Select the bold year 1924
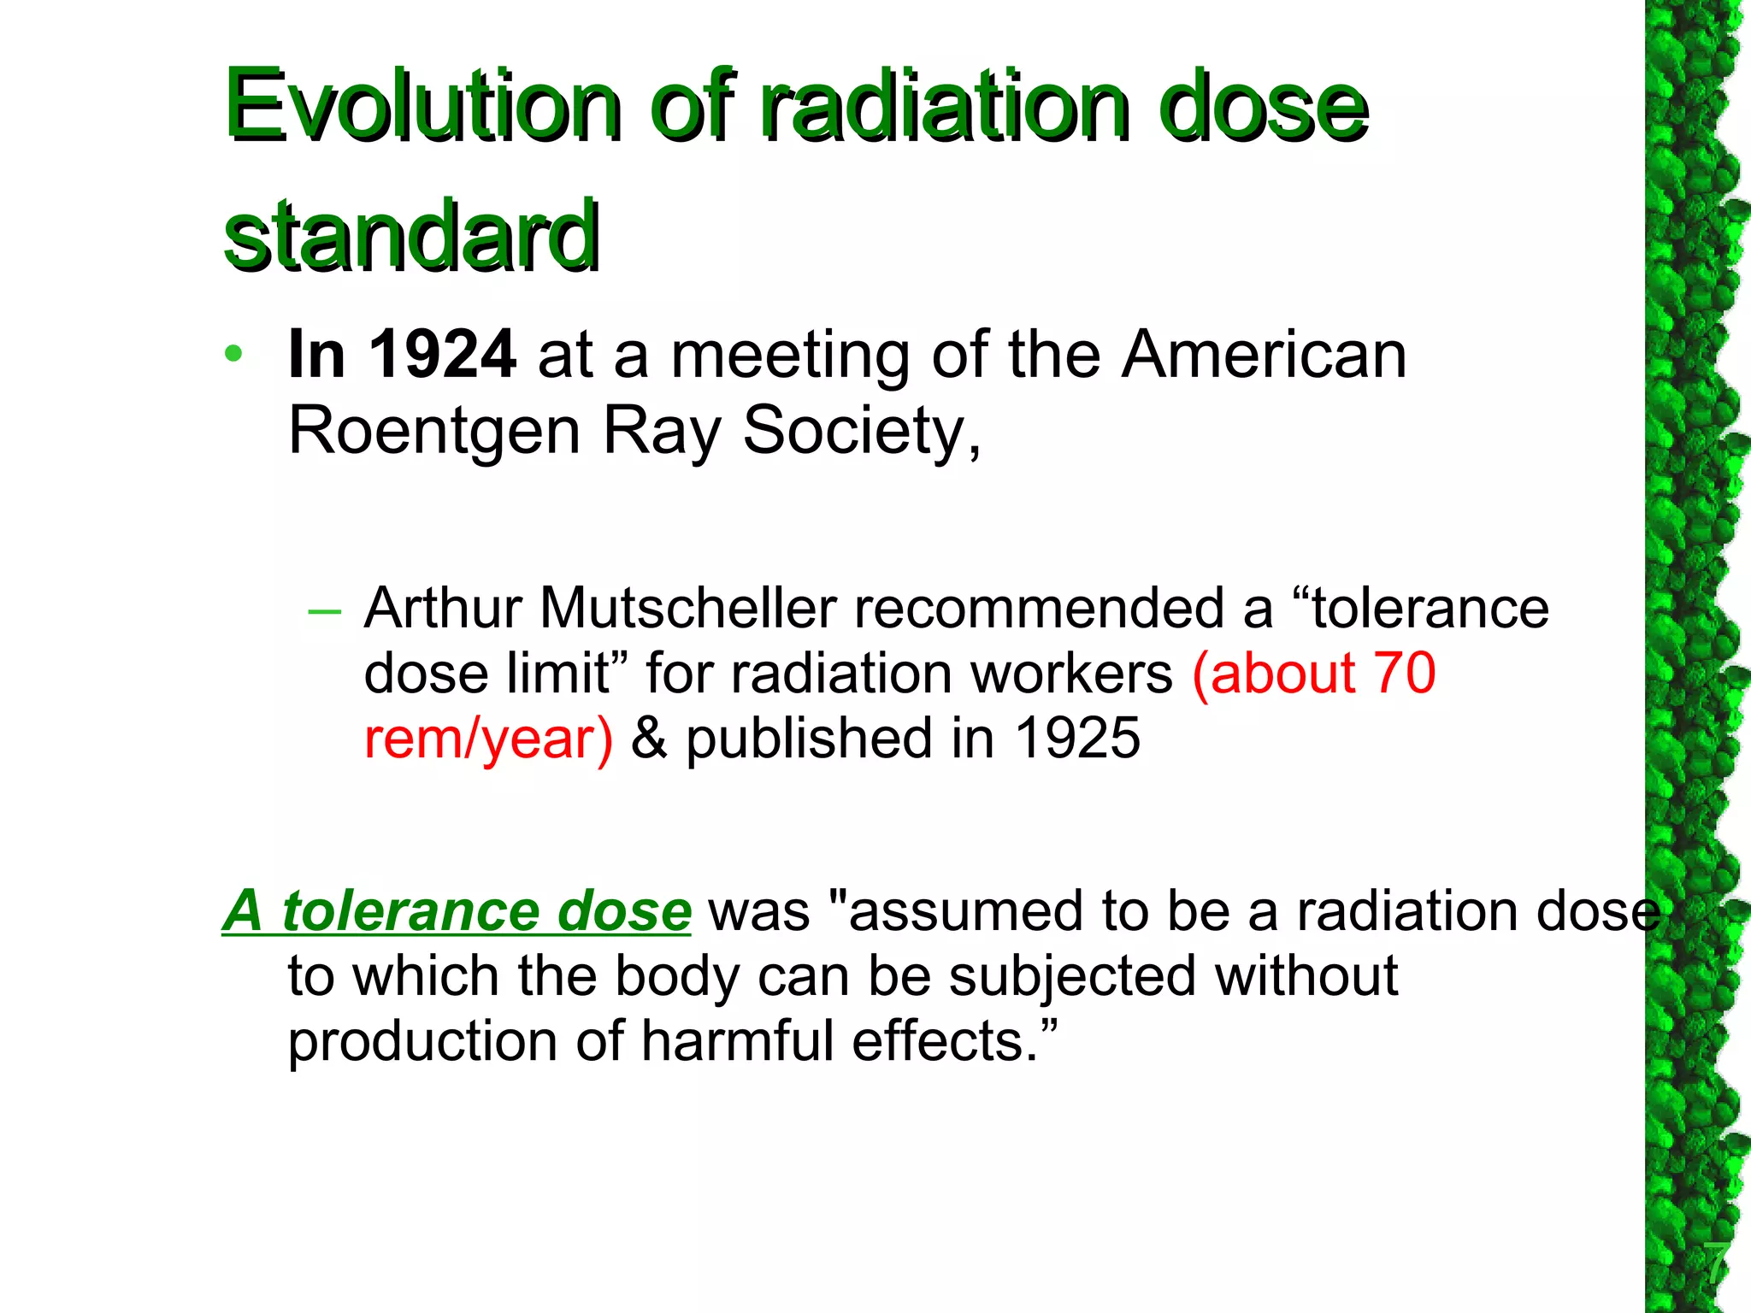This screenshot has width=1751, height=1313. click(x=442, y=354)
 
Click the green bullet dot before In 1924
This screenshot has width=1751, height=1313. click(x=233, y=353)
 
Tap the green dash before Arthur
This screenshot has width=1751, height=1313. click(x=324, y=611)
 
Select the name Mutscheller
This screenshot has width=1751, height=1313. click(x=688, y=609)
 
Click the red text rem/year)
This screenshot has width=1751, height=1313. click(x=488, y=739)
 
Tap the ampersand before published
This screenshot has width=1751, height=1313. click(x=648, y=739)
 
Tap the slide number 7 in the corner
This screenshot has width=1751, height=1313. click(x=1715, y=1263)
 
